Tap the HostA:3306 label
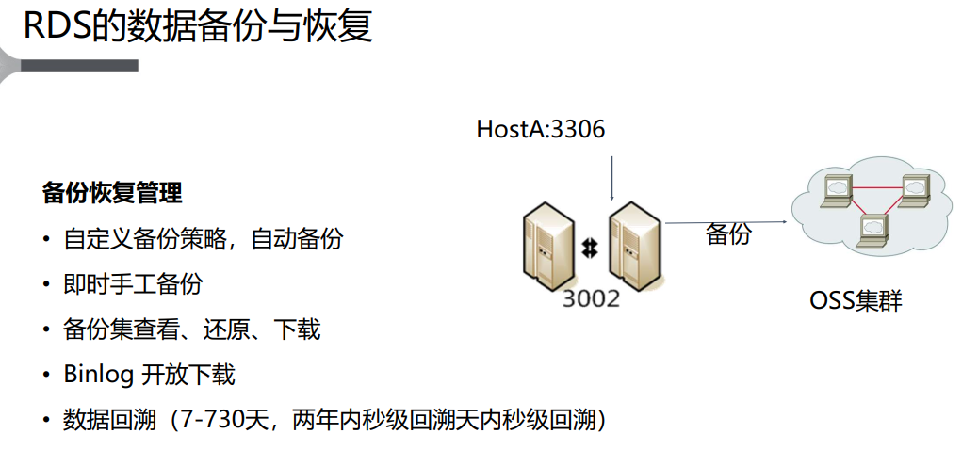541,129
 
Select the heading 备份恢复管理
112,193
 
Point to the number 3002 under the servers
591,298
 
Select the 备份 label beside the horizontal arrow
728,234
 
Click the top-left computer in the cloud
836,189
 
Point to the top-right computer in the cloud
915,188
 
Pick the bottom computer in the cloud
873,229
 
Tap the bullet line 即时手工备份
133,284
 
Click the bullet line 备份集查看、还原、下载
192,329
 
